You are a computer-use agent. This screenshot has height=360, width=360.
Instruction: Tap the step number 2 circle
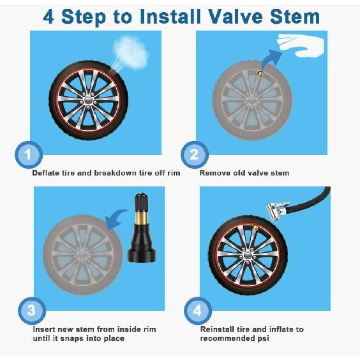click(x=194, y=154)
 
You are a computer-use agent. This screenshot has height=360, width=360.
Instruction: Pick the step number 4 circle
click(x=197, y=311)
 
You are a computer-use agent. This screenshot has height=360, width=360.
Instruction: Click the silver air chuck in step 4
click(x=274, y=207)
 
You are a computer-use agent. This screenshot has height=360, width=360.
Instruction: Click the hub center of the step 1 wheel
click(x=90, y=100)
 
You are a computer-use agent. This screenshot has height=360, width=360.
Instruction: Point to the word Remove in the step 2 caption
click(x=215, y=173)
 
